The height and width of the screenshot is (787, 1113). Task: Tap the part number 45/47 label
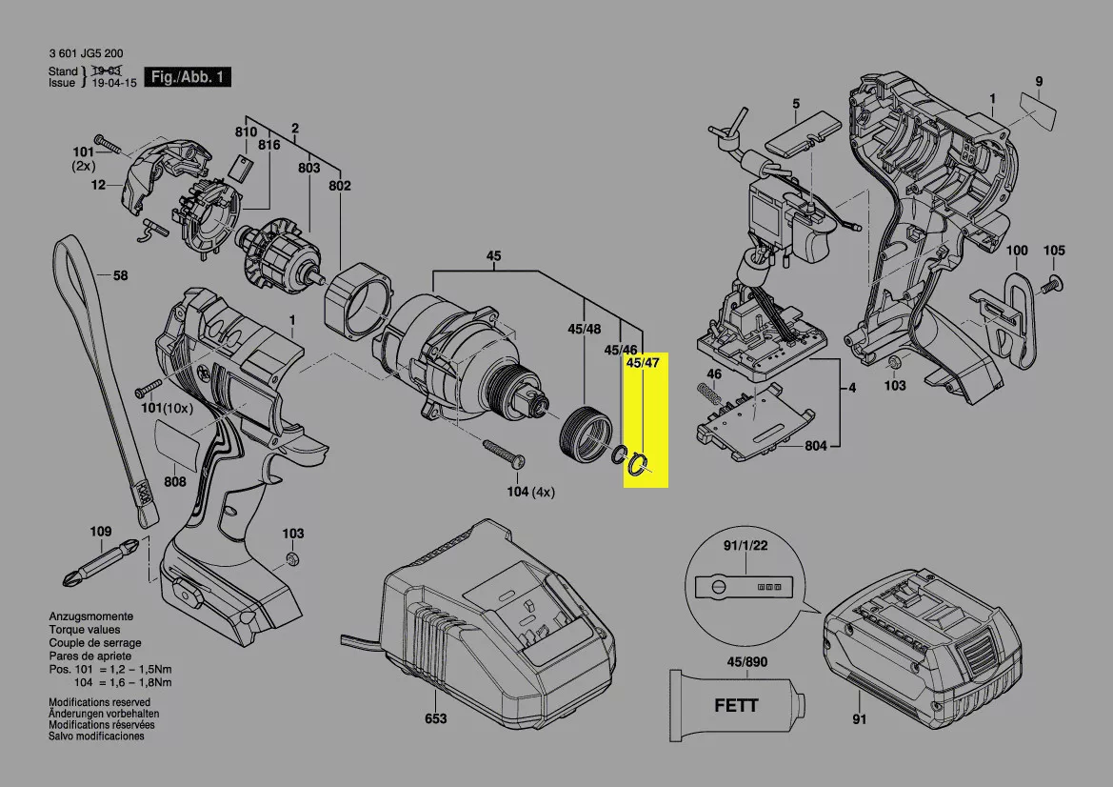(643, 363)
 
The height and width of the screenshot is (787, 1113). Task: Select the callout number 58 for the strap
(120, 276)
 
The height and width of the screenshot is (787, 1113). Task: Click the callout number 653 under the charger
(435, 718)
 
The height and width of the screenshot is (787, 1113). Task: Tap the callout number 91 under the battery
(860, 719)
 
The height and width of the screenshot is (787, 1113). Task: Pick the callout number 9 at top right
(1039, 81)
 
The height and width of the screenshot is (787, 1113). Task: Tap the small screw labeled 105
(1052, 282)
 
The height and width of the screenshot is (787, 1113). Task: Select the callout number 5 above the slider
(796, 103)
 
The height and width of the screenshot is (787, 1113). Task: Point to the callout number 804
(815, 445)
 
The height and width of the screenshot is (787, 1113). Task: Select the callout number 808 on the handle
(175, 482)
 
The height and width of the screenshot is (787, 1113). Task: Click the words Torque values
(85, 630)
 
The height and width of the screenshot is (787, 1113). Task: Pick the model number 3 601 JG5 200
(86, 54)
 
